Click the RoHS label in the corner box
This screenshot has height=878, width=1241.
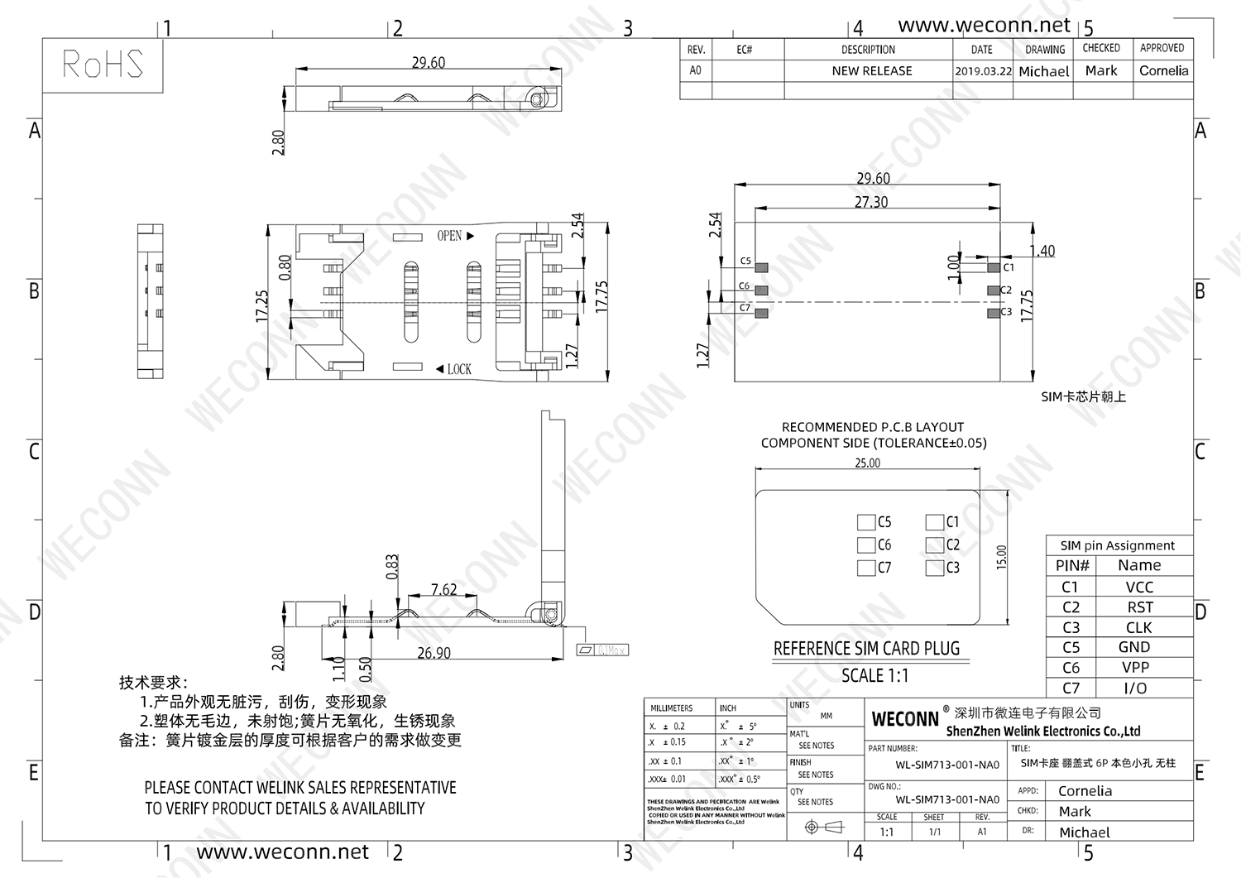click(103, 65)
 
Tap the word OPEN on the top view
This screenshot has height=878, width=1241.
click(449, 236)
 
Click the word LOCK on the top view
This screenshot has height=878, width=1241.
click(459, 369)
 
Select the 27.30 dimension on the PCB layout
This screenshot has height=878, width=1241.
click(870, 202)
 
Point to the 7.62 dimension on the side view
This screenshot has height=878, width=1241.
click(443, 589)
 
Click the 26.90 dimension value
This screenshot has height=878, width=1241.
click(434, 653)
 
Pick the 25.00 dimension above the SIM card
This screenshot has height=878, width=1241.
click(867, 463)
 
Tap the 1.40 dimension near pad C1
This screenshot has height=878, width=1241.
click(1042, 251)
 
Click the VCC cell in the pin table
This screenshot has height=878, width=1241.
click(1139, 587)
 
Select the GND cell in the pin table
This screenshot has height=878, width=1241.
click(1134, 647)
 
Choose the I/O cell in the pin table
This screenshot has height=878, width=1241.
click(1135, 688)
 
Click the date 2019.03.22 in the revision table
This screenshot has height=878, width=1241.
click(983, 71)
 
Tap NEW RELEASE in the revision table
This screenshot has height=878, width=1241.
click(871, 71)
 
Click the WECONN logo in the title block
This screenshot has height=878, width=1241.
click(905, 719)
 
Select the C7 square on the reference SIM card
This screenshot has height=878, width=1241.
click(866, 568)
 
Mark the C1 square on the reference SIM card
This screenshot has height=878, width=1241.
click(935, 522)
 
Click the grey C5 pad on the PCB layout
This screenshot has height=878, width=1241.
click(762, 267)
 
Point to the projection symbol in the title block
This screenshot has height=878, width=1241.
click(822, 827)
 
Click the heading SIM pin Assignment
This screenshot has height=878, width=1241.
click(1117, 545)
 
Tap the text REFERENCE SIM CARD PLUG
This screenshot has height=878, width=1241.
click(866, 649)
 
